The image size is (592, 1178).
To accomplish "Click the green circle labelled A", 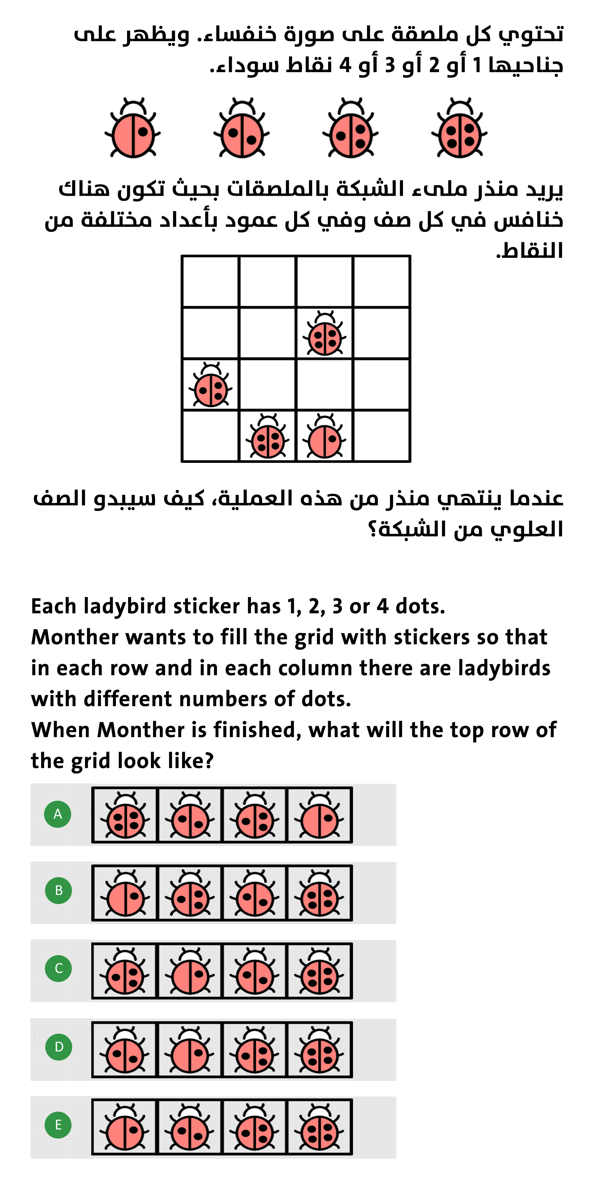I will [58, 814].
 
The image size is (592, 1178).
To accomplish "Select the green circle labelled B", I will [59, 890].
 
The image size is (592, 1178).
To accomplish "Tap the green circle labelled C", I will [59, 968].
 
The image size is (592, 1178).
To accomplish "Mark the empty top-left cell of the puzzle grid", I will [210, 281].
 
